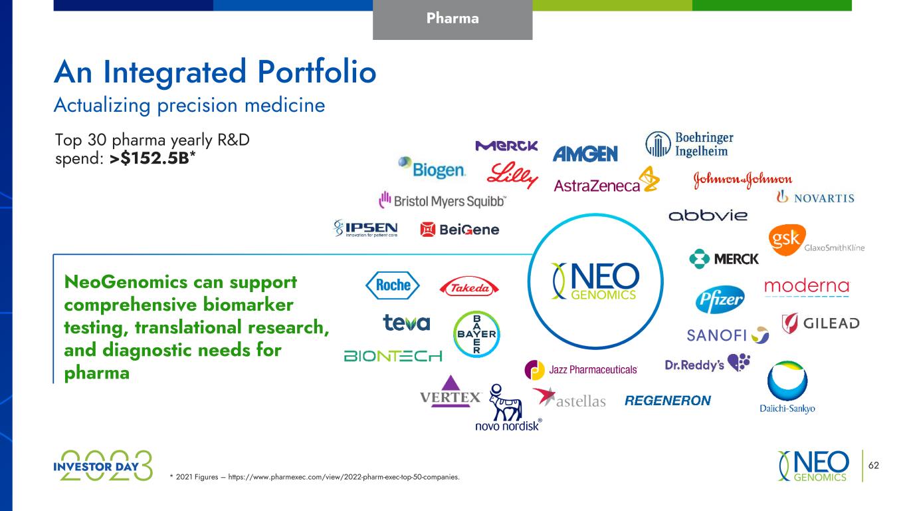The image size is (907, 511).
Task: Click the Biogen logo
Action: (432, 168)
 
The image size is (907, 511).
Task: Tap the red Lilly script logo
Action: (512, 175)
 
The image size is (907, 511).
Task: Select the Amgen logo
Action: (585, 154)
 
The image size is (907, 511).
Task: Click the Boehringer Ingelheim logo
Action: (689, 144)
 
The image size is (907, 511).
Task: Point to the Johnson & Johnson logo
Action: (743, 180)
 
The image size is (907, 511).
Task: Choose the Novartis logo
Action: (815, 197)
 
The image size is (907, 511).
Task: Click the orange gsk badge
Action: (787, 240)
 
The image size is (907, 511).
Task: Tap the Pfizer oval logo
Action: (720, 299)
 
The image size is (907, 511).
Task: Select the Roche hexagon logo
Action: (392, 285)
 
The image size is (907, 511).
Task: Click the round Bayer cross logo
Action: (476, 334)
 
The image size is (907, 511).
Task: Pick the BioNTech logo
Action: (393, 356)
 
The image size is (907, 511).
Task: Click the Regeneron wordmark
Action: (668, 401)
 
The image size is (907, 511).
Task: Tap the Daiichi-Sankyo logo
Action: (787, 387)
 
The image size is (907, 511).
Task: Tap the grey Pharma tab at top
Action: (453, 19)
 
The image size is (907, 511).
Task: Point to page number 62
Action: (873, 465)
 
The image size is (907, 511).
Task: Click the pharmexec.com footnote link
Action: (344, 477)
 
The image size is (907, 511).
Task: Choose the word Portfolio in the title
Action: (317, 72)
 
